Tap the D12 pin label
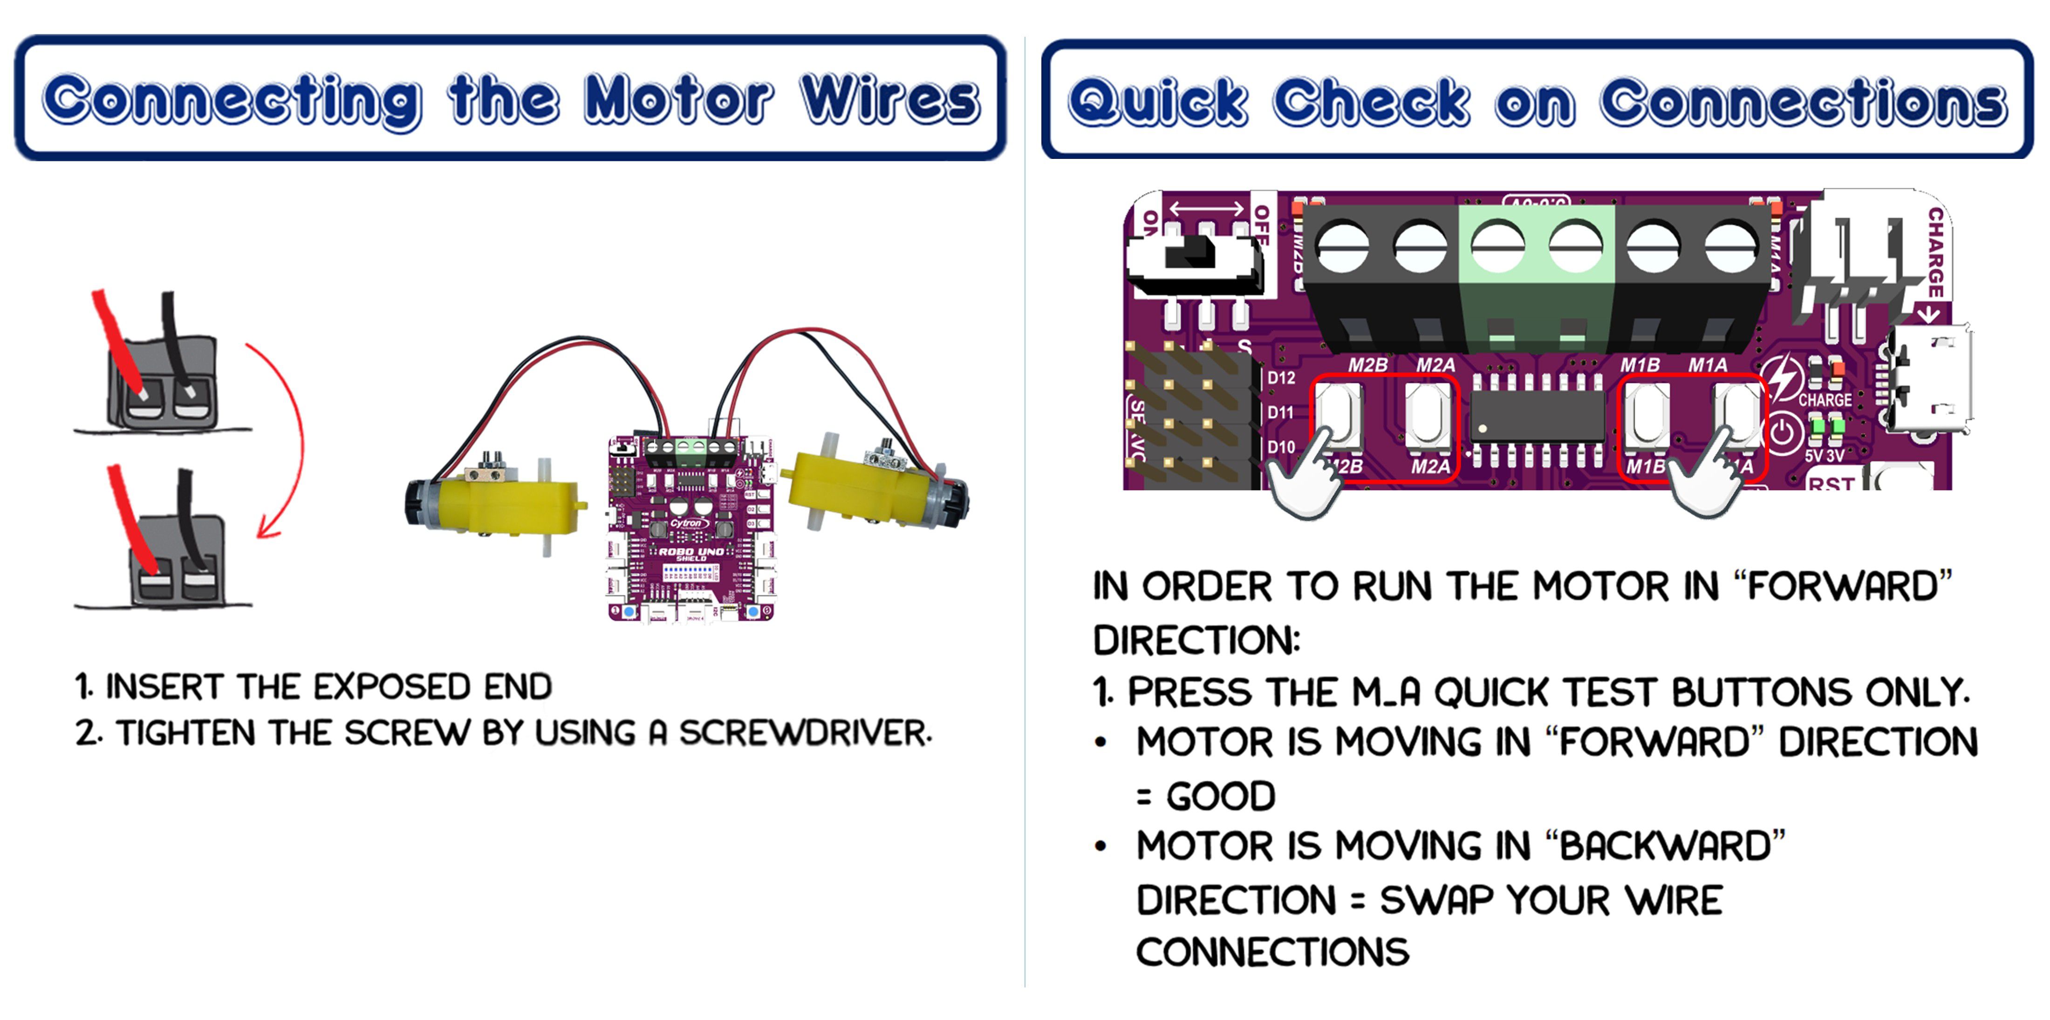tap(1280, 378)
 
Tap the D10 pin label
tap(1280, 447)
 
